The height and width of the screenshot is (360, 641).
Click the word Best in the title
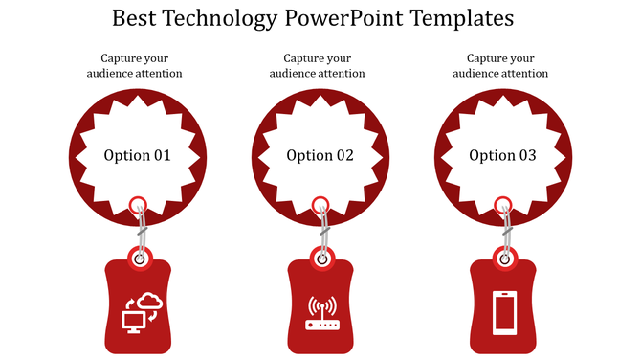coord(133,18)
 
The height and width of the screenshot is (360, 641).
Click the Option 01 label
coord(137,155)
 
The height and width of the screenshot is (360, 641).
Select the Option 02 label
coord(320,155)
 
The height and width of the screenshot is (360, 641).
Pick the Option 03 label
coord(502,155)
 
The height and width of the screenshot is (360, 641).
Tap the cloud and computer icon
coord(140,311)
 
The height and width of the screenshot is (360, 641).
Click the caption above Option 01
coord(136,65)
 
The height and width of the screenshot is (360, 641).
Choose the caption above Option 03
coord(501,65)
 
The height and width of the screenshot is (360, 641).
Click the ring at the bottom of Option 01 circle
coord(138,203)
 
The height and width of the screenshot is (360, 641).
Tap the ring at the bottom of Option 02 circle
coord(320,203)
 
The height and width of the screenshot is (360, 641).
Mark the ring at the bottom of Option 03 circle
coord(503,203)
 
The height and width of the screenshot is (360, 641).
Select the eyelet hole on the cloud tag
coord(140,258)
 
